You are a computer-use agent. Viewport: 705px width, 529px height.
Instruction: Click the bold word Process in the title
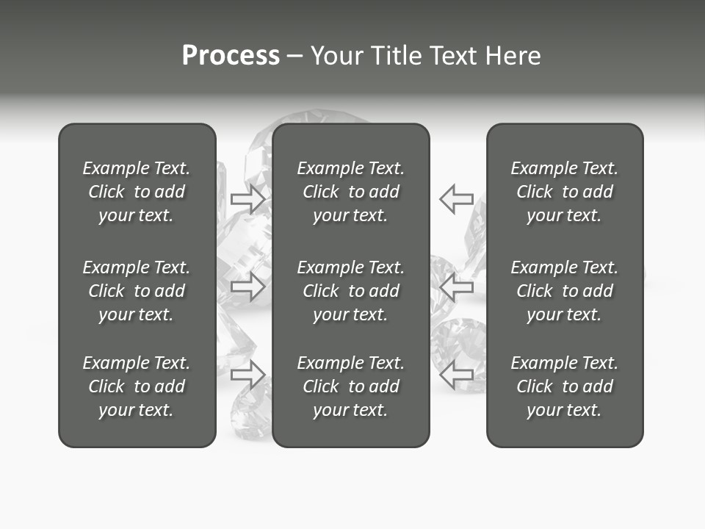(231, 56)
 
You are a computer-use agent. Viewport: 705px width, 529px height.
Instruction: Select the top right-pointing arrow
(248, 199)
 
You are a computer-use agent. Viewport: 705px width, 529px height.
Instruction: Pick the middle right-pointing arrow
(248, 287)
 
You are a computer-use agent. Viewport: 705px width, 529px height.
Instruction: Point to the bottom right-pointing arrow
(248, 375)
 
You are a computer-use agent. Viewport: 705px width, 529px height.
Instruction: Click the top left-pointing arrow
(456, 199)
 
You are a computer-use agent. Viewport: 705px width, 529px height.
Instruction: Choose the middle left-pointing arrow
(456, 287)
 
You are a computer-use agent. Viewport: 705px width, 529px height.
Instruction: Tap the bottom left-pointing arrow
(456, 375)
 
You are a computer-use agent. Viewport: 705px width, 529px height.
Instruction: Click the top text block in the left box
(137, 192)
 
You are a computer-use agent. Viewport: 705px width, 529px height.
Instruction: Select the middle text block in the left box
(137, 291)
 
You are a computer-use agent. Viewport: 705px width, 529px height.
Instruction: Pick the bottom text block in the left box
(137, 386)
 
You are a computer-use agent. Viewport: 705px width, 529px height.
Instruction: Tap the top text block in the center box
(351, 192)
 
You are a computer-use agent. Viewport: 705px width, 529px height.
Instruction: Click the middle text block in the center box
(351, 291)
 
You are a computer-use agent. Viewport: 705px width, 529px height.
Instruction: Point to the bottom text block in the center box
(351, 386)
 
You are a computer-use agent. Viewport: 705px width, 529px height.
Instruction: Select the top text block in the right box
(565, 192)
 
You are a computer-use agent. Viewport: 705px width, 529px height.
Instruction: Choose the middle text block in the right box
(565, 291)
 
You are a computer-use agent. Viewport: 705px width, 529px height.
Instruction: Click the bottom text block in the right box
(565, 386)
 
